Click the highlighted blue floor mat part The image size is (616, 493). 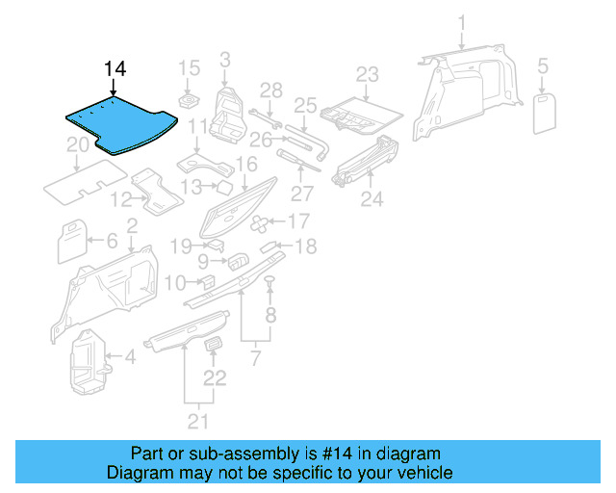pos(119,123)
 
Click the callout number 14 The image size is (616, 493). pos(115,69)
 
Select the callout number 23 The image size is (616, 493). pos(368,74)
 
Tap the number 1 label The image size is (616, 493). pos(461,22)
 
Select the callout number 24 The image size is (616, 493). pos(372,199)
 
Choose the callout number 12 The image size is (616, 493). pos(120,200)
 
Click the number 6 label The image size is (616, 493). pos(112,241)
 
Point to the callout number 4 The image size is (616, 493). pos(131,359)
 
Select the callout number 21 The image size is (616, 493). pos(199,420)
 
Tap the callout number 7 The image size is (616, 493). pos(255,359)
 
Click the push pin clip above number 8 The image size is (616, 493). pos(270,280)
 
